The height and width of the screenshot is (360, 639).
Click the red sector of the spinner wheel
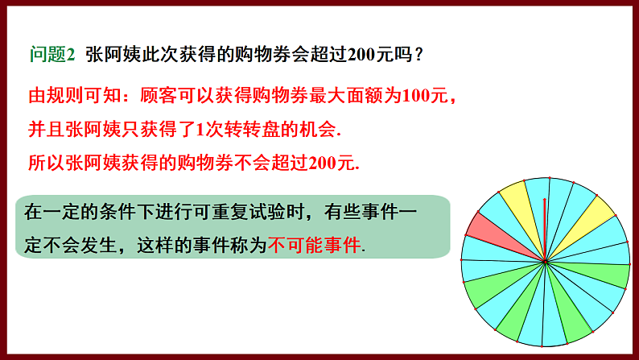tap(486, 230)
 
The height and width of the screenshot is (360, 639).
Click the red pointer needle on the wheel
tap(545, 230)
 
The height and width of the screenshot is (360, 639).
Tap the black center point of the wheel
tap(546, 261)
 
